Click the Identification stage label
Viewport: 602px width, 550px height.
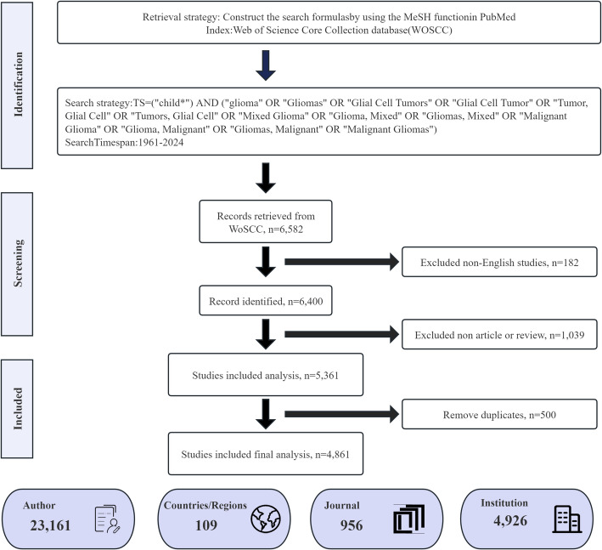click(18, 84)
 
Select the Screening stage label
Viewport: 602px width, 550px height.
click(18, 263)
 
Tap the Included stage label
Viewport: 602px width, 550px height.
click(18, 408)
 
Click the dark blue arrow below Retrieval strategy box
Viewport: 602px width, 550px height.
click(266, 65)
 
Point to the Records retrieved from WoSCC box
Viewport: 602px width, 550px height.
click(266, 221)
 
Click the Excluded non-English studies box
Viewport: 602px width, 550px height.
click(499, 262)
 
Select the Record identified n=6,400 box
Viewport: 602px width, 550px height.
click(266, 301)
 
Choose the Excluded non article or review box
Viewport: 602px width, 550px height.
click(499, 334)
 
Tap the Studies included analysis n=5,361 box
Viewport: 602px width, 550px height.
click(266, 375)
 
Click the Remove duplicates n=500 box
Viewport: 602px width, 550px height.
click(499, 414)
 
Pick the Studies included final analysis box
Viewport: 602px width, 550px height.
click(266, 454)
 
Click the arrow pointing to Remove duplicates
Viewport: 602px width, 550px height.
click(341, 414)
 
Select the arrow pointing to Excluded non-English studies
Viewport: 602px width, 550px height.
click(341, 262)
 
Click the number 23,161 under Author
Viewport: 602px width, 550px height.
click(50, 525)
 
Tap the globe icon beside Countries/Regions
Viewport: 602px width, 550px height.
click(266, 519)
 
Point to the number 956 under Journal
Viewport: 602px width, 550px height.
click(352, 525)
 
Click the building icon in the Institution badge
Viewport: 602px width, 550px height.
click(567, 519)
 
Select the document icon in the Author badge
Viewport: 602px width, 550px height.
click(108, 519)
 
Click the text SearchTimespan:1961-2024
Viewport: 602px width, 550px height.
click(124, 143)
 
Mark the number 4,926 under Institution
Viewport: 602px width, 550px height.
click(510, 521)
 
